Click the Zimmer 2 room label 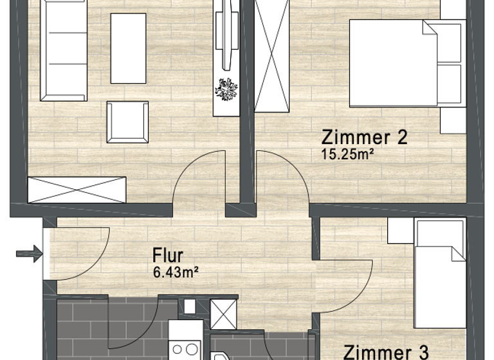(365, 137)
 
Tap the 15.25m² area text (347, 154)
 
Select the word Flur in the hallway (168, 254)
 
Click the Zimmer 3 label (386, 352)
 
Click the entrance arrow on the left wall (28, 255)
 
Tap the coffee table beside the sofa (129, 48)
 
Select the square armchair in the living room (127, 122)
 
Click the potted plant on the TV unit (226, 89)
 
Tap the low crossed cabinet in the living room (77, 189)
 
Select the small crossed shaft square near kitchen (224, 314)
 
